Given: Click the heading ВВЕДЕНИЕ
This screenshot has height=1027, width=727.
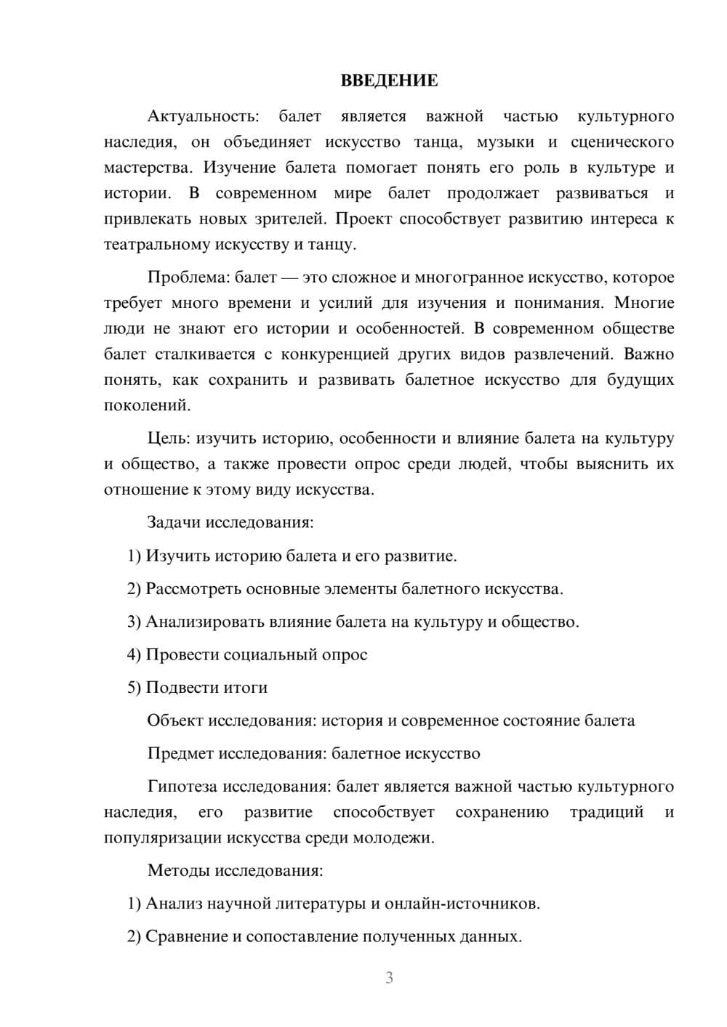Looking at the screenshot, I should pyautogui.click(x=389, y=81).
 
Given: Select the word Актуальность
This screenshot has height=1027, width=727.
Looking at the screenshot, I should pyautogui.click(x=202, y=116).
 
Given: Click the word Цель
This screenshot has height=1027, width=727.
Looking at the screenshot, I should pyautogui.click(x=169, y=438).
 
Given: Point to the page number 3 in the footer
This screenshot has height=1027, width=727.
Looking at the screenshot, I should pyautogui.click(x=389, y=978).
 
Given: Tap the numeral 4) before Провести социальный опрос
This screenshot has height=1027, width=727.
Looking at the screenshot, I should pyautogui.click(x=134, y=654).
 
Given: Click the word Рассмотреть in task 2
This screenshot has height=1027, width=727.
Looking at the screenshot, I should pyautogui.click(x=193, y=588).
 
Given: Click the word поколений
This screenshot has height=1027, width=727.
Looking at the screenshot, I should pyautogui.click(x=147, y=405).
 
